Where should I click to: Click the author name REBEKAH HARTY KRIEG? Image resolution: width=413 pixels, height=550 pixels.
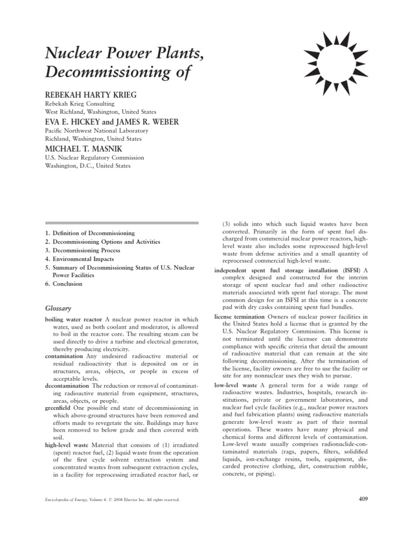click(90, 95)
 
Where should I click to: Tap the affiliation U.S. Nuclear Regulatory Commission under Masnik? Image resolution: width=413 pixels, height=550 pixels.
click(95, 158)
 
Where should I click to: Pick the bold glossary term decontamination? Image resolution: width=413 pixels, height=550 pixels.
click(67, 386)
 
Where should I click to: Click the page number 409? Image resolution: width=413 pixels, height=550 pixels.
click(362, 499)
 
